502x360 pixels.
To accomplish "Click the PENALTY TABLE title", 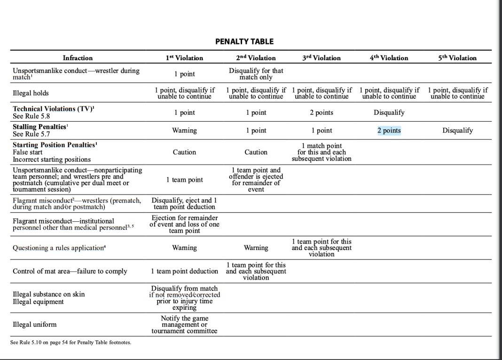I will point(244,41).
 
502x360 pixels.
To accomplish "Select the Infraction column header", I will point(78,58).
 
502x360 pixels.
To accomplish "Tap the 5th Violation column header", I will point(457,58).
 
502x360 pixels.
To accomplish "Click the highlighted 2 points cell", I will point(389,131).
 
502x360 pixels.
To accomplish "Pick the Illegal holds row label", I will point(31,93).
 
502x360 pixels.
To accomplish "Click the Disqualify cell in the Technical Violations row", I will point(389,112).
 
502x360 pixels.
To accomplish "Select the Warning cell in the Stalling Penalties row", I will point(184,131).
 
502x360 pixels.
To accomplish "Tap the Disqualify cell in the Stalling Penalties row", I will point(457,131).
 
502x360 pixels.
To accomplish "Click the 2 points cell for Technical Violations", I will point(322,112).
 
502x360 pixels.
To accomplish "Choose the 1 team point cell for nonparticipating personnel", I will point(184,180).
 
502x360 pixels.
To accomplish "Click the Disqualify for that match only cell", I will point(256,74).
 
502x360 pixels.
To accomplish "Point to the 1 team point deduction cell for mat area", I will point(184,271).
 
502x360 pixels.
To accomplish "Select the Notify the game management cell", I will point(184,324).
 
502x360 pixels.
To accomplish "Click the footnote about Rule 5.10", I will point(71,342).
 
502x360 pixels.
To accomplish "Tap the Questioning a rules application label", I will point(59,248).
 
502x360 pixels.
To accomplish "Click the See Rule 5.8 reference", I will point(31,116).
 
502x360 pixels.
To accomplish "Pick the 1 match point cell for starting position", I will point(322,152).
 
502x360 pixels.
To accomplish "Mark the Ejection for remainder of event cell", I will point(184,224).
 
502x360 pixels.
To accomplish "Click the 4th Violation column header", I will point(389,58).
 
